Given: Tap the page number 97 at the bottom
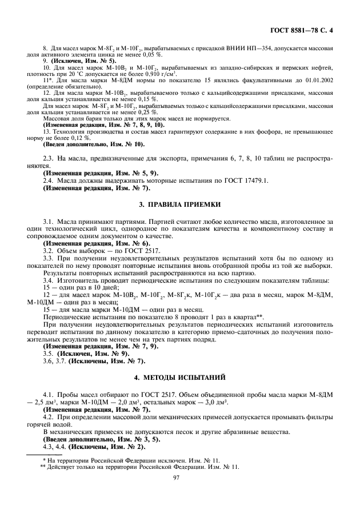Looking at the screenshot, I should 180,481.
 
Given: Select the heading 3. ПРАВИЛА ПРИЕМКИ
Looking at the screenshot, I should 180,204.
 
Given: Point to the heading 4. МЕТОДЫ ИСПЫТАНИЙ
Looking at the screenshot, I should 180,378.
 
